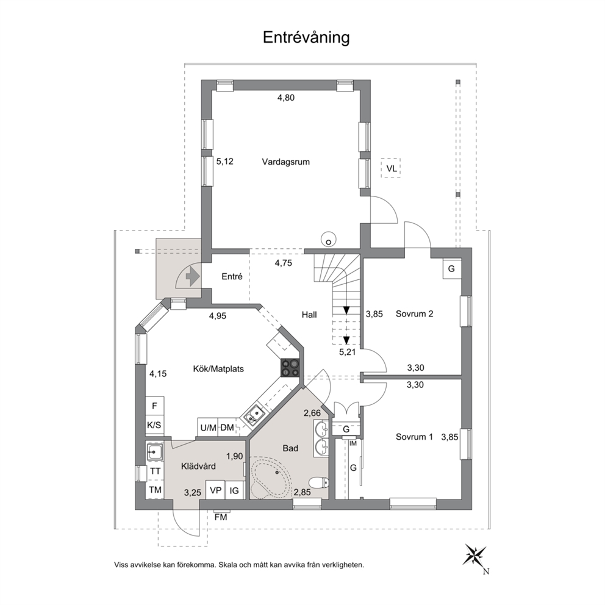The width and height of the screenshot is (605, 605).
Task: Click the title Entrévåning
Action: click(306, 38)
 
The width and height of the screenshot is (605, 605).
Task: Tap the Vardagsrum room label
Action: click(286, 162)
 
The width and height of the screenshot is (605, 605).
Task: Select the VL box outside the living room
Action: click(391, 168)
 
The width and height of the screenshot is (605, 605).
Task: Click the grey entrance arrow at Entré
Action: click(192, 276)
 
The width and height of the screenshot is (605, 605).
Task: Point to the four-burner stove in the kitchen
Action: click(290, 368)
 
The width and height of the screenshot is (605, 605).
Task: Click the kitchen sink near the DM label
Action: click(254, 415)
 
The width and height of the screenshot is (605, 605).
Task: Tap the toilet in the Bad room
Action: click(319, 482)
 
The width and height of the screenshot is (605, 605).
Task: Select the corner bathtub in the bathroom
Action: click(271, 478)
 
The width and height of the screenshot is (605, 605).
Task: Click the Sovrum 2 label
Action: click(414, 313)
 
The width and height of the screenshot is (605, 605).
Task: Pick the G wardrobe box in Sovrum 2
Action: click(451, 268)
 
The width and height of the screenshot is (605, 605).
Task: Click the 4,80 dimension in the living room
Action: click(286, 98)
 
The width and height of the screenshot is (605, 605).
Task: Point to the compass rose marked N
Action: click(475, 556)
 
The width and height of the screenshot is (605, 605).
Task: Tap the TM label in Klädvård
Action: click(155, 490)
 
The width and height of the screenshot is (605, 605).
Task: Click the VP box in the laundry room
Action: click(215, 490)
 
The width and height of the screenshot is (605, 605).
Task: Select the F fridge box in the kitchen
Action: click(155, 406)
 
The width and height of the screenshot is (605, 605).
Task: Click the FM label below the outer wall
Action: click(221, 517)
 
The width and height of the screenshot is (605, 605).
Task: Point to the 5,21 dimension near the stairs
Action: click(347, 352)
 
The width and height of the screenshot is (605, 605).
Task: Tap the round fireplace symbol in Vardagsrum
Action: click(328, 239)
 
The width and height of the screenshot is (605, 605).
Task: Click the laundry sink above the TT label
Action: click(154, 451)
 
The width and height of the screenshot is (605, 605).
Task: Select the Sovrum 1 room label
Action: click(414, 437)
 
